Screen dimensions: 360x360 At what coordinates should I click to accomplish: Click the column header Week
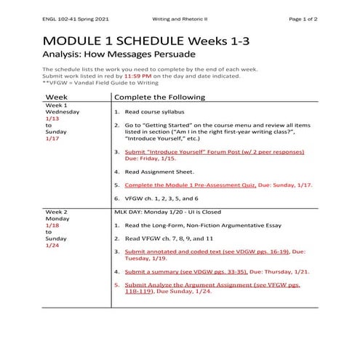(x=57, y=97)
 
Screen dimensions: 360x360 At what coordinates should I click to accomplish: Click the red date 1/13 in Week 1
(x=52, y=118)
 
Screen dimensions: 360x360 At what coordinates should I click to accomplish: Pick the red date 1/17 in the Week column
(x=52, y=137)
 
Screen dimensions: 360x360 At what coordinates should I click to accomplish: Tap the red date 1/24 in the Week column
(x=52, y=245)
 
